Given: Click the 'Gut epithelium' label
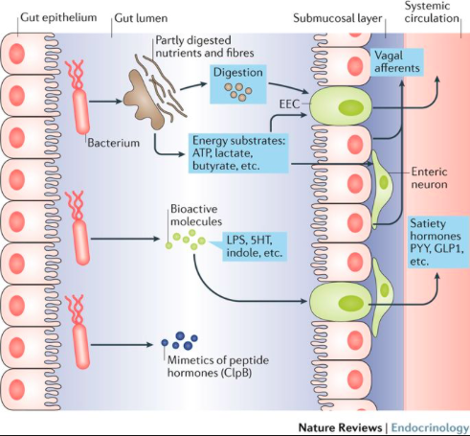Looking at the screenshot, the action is (x=58, y=17).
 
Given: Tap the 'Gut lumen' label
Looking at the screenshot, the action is (x=141, y=18).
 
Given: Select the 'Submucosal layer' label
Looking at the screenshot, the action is (x=338, y=18).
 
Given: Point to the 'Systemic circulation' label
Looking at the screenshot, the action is (x=432, y=11).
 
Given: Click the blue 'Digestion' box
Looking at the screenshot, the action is (x=238, y=84).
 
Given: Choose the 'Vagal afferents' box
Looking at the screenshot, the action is (x=397, y=62).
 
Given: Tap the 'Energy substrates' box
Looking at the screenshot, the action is (x=238, y=153).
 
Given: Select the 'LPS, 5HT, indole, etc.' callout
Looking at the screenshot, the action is (x=255, y=246).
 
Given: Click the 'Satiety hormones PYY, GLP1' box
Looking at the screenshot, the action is (x=438, y=242).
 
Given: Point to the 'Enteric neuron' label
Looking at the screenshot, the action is (x=429, y=178).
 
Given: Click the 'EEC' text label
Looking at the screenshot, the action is (x=289, y=104).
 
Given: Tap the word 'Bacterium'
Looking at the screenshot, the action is (x=114, y=143).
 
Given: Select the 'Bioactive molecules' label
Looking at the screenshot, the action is (x=196, y=215).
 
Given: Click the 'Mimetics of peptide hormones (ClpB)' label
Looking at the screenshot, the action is (x=218, y=366).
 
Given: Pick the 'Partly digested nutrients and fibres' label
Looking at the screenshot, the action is (x=205, y=46).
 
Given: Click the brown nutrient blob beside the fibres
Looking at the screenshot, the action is (x=145, y=100).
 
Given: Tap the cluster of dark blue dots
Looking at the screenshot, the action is (x=180, y=340).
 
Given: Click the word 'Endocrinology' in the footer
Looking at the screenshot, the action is (x=430, y=427).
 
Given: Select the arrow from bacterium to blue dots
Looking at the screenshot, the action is (x=122, y=345).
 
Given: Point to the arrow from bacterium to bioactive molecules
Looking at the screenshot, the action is (x=125, y=239).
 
